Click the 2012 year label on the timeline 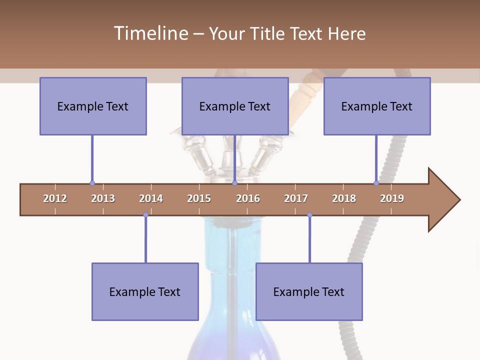(x=55, y=198)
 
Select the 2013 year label (x=103, y=198)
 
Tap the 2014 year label (x=151, y=198)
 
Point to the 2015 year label (x=199, y=198)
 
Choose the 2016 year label (x=248, y=198)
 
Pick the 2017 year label (x=296, y=198)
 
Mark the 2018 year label (x=344, y=198)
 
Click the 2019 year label (x=392, y=198)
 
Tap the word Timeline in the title (x=150, y=33)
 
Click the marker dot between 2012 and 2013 (x=92, y=183)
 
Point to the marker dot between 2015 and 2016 (x=234, y=183)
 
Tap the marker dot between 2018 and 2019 (x=376, y=183)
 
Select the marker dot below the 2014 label (x=145, y=215)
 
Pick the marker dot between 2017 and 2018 (x=309, y=215)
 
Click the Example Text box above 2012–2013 (x=93, y=106)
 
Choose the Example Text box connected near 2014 (x=145, y=291)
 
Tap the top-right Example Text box (x=377, y=106)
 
